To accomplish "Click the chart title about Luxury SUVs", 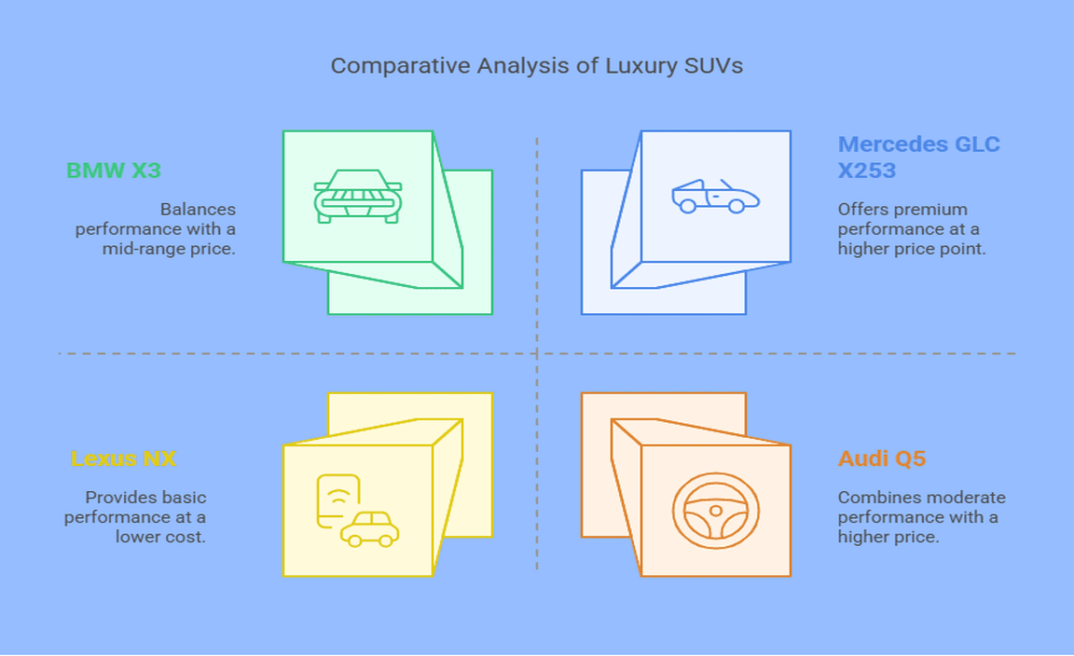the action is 536,66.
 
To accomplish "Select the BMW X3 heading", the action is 114,170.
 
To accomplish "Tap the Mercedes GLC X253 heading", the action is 918,157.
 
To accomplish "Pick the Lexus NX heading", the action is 123,458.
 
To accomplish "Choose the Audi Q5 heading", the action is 882,458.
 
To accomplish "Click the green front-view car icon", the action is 358,197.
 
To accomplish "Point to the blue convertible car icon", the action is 716,197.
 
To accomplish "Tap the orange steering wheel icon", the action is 716,512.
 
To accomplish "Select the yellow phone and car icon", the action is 358,511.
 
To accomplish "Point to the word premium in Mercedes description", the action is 936,210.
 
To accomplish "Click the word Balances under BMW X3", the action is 198,209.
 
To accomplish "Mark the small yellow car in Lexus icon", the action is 370,529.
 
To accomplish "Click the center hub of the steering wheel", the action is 716,511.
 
